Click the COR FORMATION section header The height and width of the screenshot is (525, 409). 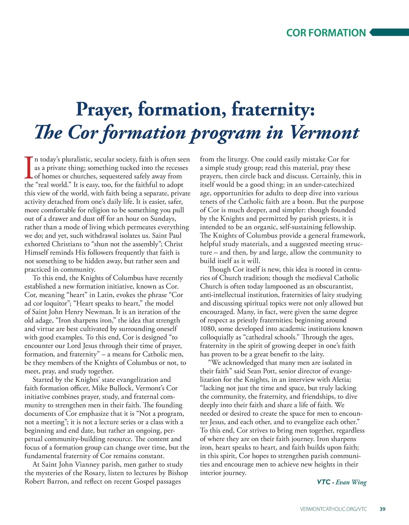(x=326, y=33)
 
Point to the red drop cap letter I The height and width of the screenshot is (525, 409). (x=29, y=168)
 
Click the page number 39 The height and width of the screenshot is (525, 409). (x=382, y=509)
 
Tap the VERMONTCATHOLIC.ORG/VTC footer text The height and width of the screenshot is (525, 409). (x=334, y=509)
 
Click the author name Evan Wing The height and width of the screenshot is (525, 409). (x=351, y=482)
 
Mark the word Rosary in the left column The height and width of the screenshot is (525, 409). (x=95, y=473)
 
